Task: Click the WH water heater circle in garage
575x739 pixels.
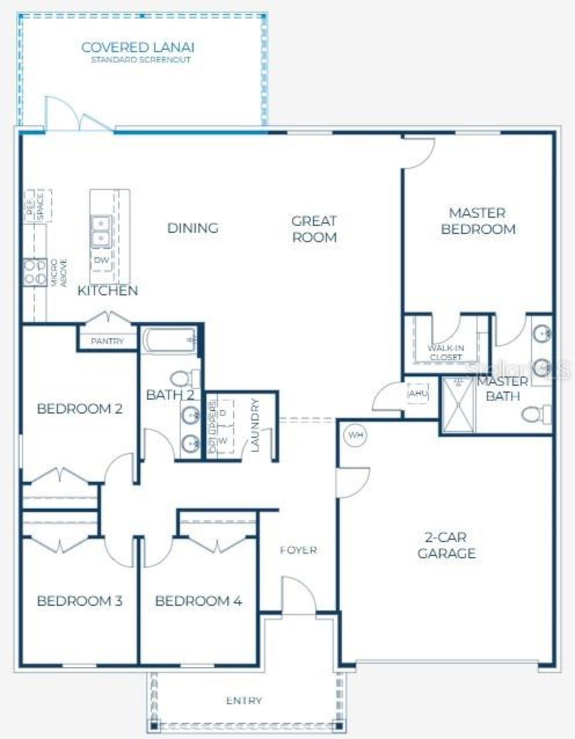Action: [355, 435]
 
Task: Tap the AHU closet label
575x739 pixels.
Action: [418, 393]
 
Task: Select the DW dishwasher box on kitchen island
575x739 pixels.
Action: [102, 260]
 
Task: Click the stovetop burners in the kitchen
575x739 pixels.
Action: [35, 272]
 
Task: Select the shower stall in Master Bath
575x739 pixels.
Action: [458, 405]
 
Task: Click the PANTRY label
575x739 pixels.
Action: [107, 341]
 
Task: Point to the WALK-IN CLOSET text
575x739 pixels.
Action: [446, 352]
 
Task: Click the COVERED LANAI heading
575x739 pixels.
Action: [138, 47]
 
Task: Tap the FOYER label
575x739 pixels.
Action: [298, 550]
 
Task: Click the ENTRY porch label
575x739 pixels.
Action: [244, 700]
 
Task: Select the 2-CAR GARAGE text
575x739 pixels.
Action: [447, 545]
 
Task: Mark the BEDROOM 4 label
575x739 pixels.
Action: [199, 601]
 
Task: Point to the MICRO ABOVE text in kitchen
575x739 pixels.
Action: [59, 273]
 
